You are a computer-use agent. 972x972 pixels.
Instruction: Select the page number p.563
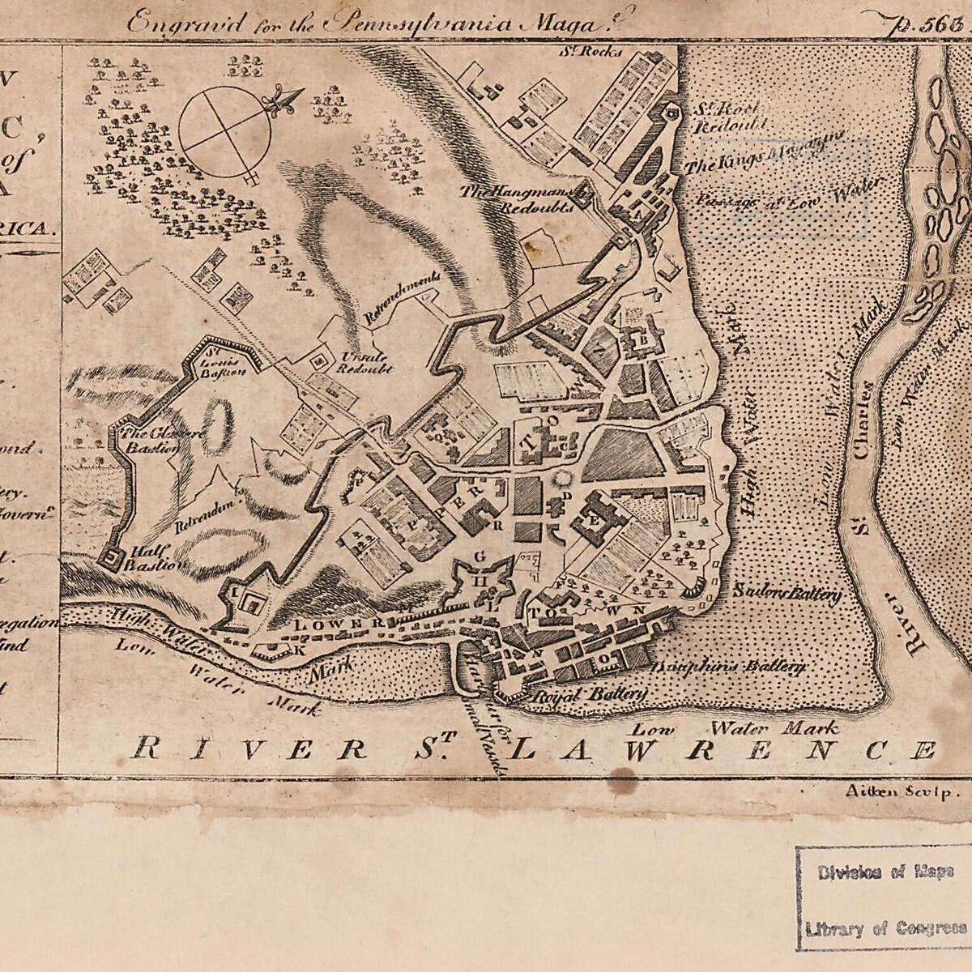point(919,21)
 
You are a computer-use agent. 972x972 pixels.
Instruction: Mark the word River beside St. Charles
point(912,624)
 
